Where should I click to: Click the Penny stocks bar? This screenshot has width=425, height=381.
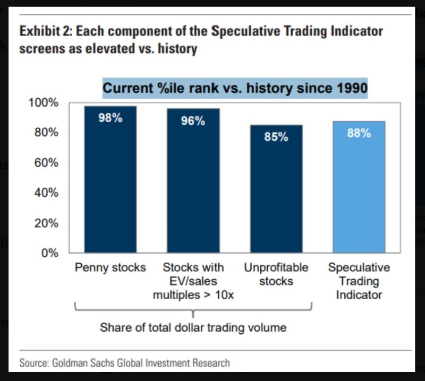coord(110,180)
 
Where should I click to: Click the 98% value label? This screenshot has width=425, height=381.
coord(110,118)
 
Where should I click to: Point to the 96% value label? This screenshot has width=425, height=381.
coord(193,120)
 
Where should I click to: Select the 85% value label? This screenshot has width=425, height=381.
coord(276,137)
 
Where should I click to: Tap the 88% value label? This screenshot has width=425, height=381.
coord(359,133)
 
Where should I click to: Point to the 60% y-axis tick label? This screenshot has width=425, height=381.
coord(46,162)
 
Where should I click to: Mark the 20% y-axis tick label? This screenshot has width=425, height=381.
coord(46,223)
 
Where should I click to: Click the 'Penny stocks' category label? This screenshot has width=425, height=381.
coord(110,267)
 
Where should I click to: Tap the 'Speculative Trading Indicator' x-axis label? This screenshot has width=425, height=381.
coord(359,281)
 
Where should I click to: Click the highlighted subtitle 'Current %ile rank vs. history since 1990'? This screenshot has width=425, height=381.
coord(235,88)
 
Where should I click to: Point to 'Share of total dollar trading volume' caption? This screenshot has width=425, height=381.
coord(193,327)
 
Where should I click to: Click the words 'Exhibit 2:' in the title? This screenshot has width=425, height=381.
coord(45,31)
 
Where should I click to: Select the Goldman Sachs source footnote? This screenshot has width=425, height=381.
coord(125,363)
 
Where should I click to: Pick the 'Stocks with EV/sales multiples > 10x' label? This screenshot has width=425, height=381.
coord(193,281)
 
